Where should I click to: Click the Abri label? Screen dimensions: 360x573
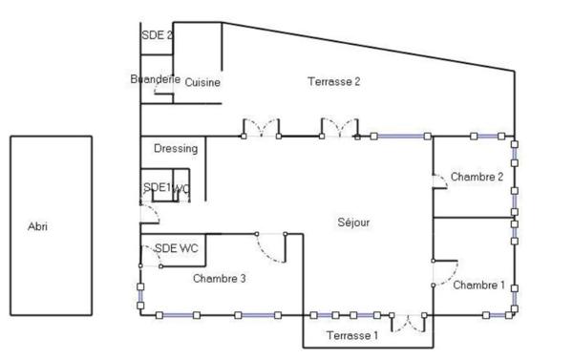click(x=38, y=227)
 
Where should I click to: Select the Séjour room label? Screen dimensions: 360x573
click(x=353, y=222)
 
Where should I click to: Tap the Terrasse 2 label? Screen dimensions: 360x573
click(x=333, y=81)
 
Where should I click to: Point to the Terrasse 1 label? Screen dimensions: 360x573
click(x=352, y=335)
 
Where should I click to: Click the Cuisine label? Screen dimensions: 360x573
click(x=202, y=82)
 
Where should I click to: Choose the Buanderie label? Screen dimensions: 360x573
click(x=155, y=80)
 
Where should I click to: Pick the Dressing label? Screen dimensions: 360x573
click(x=176, y=148)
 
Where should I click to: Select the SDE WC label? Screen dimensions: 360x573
click(x=177, y=248)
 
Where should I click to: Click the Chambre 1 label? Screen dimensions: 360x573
click(x=478, y=285)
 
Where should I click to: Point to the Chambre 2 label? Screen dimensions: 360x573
click(x=477, y=177)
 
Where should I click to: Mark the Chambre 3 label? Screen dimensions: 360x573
click(x=220, y=279)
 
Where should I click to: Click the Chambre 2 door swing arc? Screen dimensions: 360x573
click(x=440, y=182)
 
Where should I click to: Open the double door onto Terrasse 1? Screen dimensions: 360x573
click(x=410, y=323)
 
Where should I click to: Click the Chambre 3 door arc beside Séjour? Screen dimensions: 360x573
click(x=271, y=247)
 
